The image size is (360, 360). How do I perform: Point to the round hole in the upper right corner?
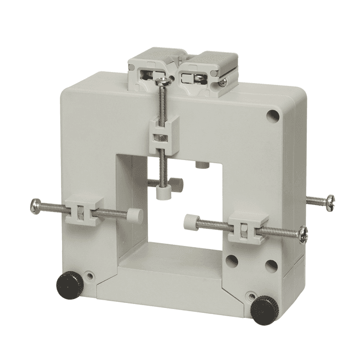(x=272, y=116)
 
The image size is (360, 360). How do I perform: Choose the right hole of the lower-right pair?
(x=270, y=265)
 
